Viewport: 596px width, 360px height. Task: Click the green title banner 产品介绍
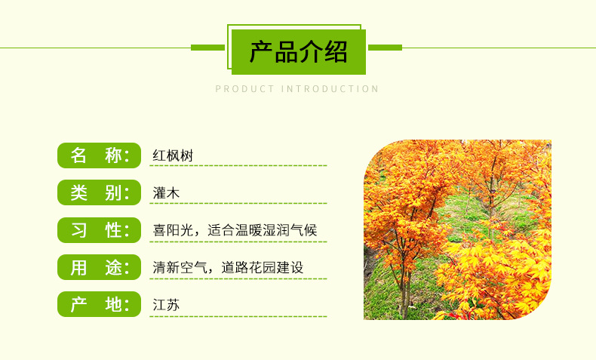click(299, 52)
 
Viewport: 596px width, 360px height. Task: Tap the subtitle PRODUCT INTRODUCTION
click(297, 89)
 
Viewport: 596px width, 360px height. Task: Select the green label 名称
click(99, 155)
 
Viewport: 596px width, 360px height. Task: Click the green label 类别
click(99, 192)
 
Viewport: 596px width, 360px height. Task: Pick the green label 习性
click(99, 229)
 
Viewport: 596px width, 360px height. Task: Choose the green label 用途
click(99, 267)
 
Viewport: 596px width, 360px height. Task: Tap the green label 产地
click(99, 304)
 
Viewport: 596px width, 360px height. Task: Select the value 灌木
click(166, 193)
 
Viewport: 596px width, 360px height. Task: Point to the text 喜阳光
click(173, 230)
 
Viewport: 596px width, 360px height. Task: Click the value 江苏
click(166, 305)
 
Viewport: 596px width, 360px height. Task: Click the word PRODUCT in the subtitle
click(245, 89)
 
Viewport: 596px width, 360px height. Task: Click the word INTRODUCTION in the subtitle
click(330, 89)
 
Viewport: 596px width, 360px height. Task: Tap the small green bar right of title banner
click(385, 48)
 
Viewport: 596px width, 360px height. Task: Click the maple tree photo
click(457, 229)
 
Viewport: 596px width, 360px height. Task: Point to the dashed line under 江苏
click(238, 316)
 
